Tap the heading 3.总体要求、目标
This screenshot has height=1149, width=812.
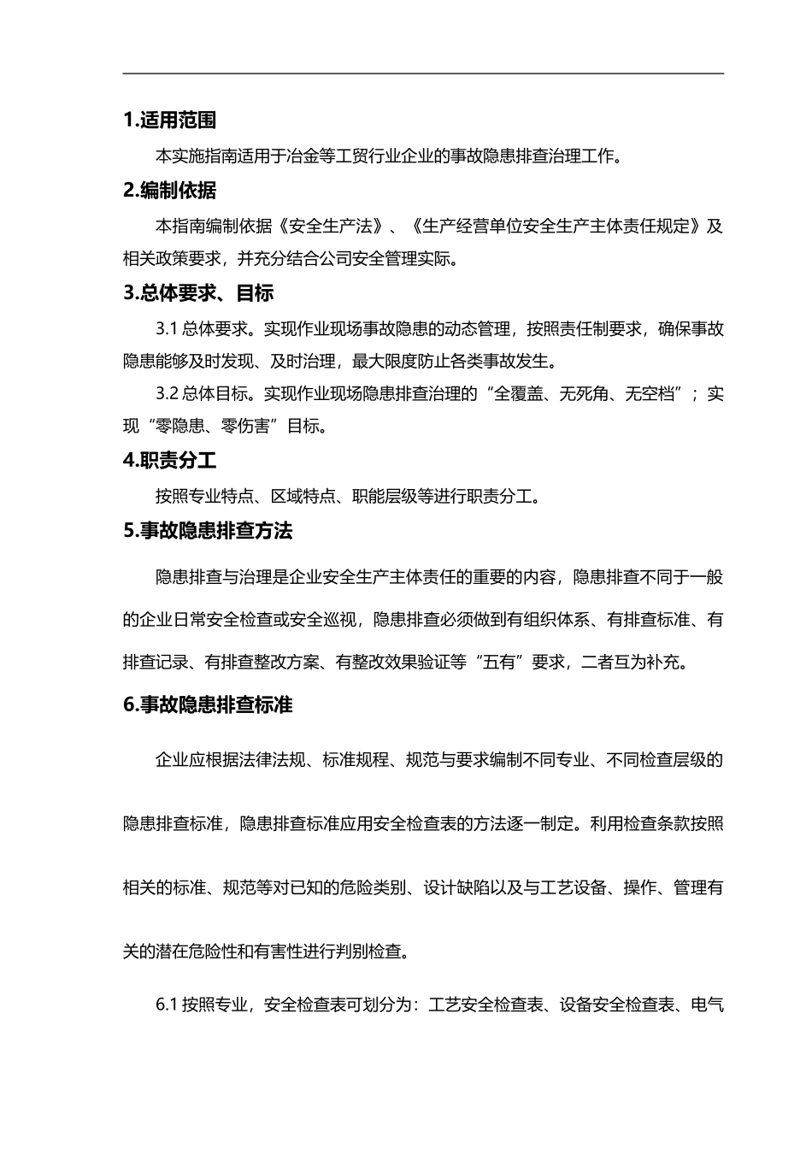[198, 293]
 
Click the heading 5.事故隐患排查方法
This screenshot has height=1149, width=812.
[208, 531]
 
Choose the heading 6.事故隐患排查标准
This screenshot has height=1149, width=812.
[208, 705]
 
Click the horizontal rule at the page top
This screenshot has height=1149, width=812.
[423, 74]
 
